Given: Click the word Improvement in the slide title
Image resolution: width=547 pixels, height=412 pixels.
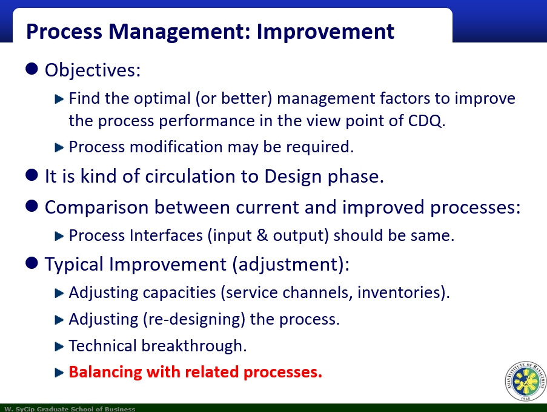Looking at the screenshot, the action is (x=325, y=32).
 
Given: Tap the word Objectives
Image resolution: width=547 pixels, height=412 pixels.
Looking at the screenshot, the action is (x=91, y=70).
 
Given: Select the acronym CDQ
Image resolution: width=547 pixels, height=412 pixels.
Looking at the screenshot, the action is (x=425, y=121).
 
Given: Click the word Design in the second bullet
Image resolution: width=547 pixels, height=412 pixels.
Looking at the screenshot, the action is (x=293, y=177).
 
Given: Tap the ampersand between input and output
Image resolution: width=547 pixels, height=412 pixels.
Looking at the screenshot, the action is (x=262, y=235).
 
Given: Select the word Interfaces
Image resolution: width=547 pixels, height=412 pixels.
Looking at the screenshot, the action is (x=166, y=235).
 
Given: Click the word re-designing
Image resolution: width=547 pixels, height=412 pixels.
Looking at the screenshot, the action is (x=194, y=319).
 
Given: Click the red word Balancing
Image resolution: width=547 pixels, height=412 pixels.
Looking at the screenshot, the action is (x=105, y=372).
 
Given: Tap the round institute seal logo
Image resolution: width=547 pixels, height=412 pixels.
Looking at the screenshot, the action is (x=526, y=381).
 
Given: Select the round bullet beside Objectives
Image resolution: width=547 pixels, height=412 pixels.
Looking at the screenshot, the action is (x=31, y=69).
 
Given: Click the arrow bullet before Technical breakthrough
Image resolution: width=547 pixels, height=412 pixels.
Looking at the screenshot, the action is (x=59, y=346).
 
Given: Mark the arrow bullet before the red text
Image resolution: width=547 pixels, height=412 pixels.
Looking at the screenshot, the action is (x=59, y=373).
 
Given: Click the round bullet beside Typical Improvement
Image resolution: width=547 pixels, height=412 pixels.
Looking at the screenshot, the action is (x=31, y=263).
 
